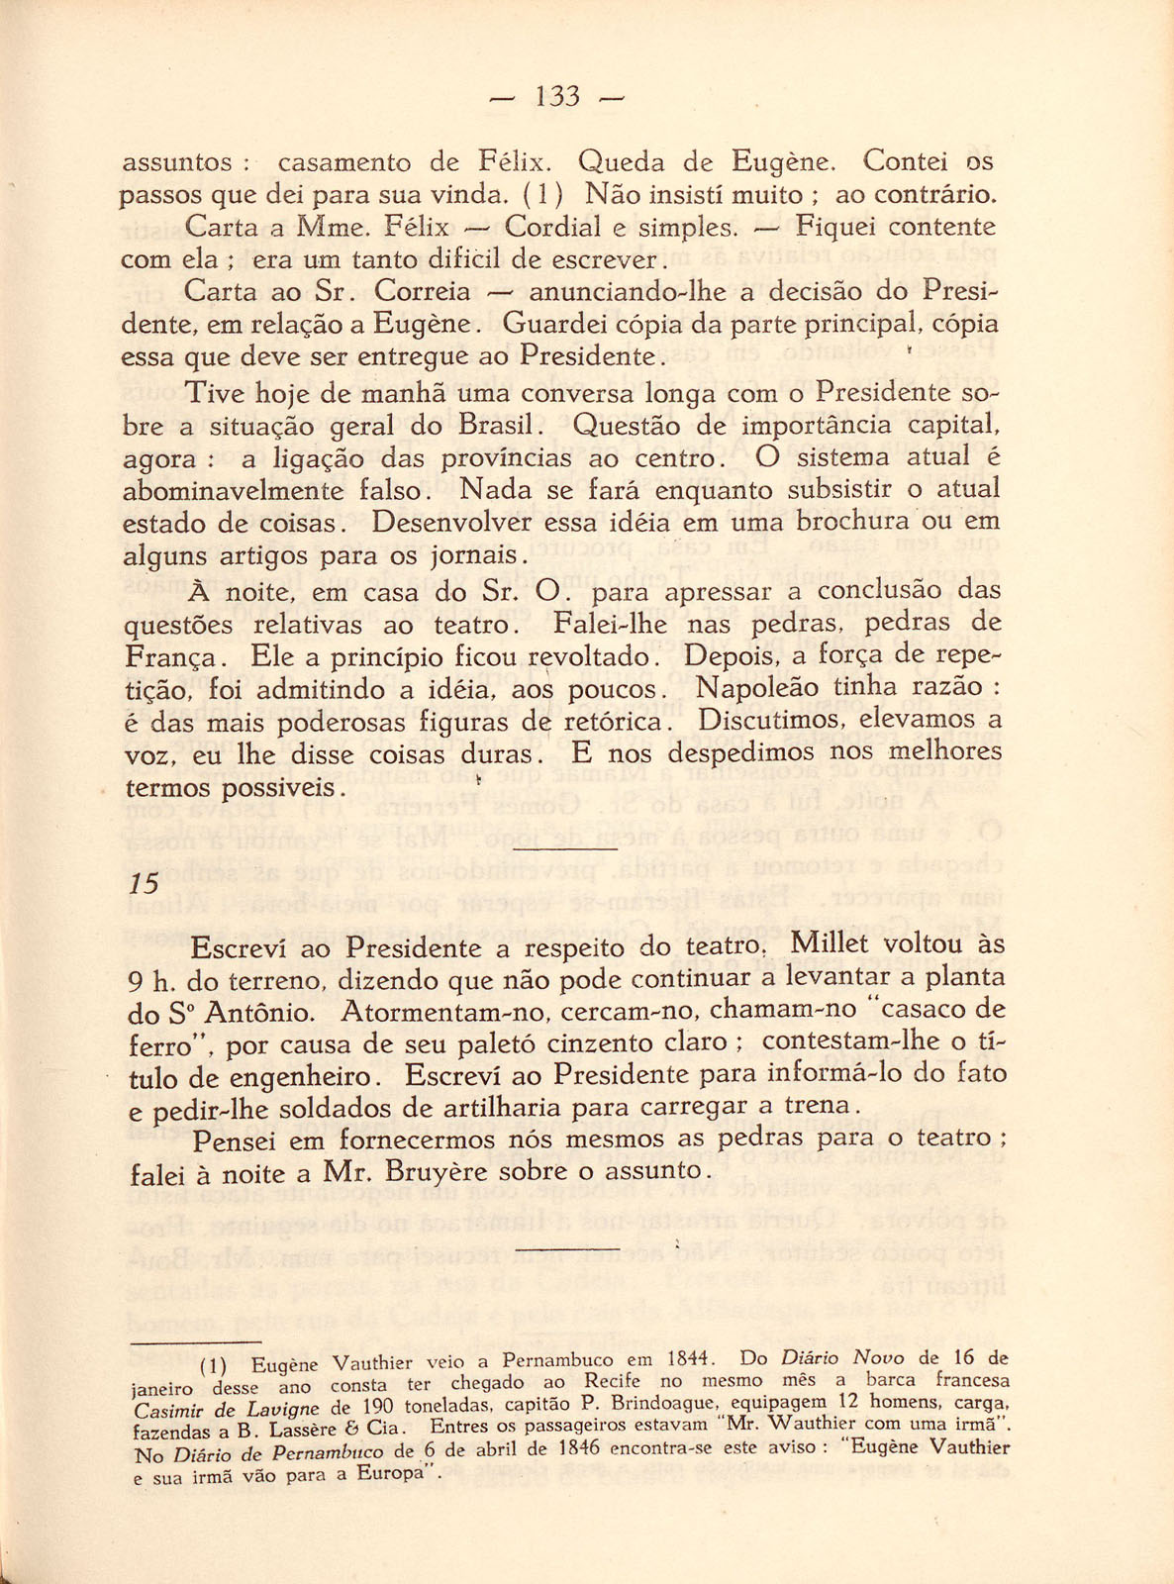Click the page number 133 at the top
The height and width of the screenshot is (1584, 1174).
[556, 97]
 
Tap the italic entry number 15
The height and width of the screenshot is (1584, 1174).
[144, 884]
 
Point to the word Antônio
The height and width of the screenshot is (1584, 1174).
[264, 1012]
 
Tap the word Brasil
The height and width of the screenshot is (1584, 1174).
[499, 427]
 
